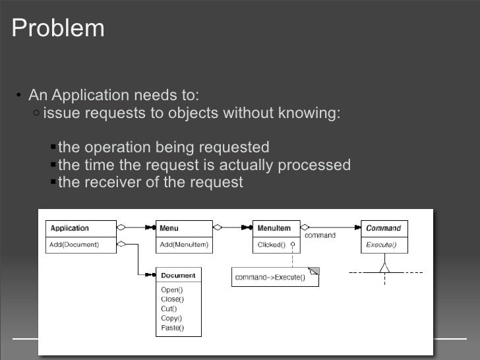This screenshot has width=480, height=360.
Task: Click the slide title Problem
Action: tap(58, 28)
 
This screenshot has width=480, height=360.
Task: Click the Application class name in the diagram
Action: tap(70, 229)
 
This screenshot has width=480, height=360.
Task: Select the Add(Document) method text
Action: tap(75, 245)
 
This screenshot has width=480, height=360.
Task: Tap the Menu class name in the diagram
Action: tap(169, 229)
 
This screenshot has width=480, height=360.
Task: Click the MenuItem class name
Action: tap(274, 229)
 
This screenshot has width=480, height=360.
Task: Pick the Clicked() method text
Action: tap(271, 245)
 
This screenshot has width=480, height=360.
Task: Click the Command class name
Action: tap(383, 229)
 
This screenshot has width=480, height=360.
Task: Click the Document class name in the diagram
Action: tap(178, 275)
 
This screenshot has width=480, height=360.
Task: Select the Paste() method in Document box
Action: tap(173, 328)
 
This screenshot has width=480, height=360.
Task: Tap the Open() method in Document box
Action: tap(172, 289)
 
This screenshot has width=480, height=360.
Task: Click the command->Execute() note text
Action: tap(270, 278)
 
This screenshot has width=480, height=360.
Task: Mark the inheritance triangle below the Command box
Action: tap(384, 267)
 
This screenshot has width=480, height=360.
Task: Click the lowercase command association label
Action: tap(320, 235)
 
